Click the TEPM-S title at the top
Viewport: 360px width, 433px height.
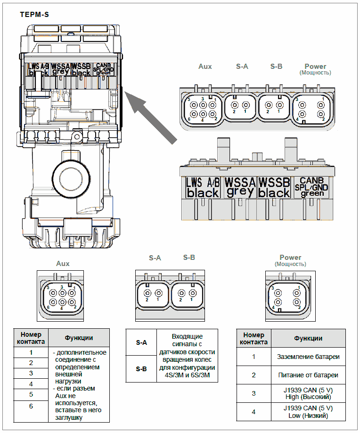click(x=34, y=15)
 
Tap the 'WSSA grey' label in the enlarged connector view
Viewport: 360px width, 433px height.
click(x=240, y=187)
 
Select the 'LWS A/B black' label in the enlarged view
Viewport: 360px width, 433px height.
click(x=203, y=187)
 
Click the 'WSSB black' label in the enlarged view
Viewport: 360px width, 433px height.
click(x=274, y=187)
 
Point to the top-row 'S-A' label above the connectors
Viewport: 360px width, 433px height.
click(x=242, y=67)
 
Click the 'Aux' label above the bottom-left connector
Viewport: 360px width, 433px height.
click(x=63, y=264)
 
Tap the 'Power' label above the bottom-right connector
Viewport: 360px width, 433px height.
click(x=290, y=258)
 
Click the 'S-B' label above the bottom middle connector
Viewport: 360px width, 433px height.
click(x=189, y=258)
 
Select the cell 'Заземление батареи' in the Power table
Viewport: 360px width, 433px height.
click(x=308, y=357)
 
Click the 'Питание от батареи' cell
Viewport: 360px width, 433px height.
click(x=308, y=375)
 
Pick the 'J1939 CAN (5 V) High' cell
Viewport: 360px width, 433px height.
click(x=308, y=393)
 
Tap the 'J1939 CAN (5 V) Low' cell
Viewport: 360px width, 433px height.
click(x=308, y=412)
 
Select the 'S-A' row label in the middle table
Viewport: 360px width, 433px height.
click(x=141, y=342)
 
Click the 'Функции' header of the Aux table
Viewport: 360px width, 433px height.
click(x=79, y=338)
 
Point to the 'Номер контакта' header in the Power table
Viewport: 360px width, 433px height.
click(x=254, y=338)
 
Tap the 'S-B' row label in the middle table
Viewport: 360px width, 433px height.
click(x=141, y=368)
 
